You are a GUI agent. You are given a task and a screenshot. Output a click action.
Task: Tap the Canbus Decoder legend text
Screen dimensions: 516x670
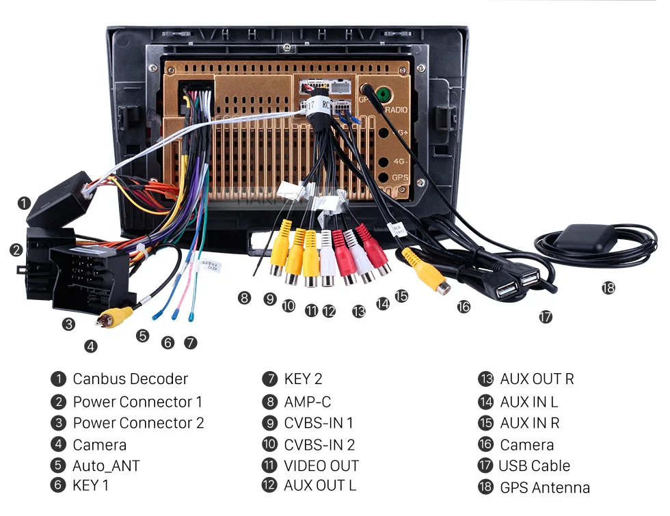[x=130, y=379]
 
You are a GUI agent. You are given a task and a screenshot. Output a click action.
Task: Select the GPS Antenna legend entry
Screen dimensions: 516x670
[x=544, y=487]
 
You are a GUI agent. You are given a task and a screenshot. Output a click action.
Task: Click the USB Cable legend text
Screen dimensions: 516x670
[x=534, y=465]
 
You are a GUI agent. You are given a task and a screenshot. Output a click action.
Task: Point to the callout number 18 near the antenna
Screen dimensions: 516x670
[x=608, y=288]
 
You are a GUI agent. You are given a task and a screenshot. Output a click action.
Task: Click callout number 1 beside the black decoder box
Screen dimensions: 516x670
[x=24, y=203]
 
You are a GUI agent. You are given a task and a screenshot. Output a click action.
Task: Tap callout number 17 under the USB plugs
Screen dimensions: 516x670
[x=545, y=317]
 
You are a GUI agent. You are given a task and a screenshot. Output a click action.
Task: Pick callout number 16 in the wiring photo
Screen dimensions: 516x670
[x=464, y=307]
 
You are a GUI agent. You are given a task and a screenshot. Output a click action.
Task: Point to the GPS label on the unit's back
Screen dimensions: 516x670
[x=401, y=178]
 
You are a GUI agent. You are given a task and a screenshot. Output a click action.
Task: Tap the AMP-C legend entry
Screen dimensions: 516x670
[x=307, y=402]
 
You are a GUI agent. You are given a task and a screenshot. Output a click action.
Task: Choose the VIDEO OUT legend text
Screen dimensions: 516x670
[x=321, y=465]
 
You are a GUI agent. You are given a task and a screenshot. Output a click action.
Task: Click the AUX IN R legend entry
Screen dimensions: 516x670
[x=529, y=423]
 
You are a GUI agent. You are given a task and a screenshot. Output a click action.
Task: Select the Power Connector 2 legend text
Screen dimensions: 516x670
[x=138, y=423]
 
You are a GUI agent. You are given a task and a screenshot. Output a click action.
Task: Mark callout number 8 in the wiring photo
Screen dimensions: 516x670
[x=244, y=297]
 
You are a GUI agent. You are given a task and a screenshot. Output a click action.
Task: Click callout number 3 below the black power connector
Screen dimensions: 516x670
[x=68, y=324]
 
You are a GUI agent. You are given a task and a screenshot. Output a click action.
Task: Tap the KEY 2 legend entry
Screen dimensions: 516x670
[x=302, y=379]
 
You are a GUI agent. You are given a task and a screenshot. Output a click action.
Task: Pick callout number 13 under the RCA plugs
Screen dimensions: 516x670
[x=359, y=312]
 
